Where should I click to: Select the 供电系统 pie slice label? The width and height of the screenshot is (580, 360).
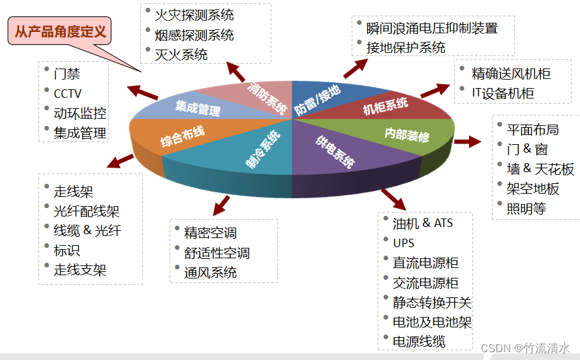[x=335, y=153]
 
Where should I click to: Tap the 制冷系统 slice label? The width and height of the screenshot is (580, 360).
[x=263, y=150]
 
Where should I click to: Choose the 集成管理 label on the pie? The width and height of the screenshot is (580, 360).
[x=198, y=108]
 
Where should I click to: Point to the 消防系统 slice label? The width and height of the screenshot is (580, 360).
[x=267, y=98]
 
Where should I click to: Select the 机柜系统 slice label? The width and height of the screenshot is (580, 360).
[x=386, y=105]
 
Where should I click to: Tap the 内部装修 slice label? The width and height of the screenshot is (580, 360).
[x=406, y=136]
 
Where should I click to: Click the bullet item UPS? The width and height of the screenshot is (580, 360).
[x=404, y=243]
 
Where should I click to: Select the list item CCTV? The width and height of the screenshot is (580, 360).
[x=68, y=94]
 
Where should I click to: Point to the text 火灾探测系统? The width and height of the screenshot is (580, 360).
[x=194, y=14]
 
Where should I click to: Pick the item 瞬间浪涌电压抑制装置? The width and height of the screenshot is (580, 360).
[x=432, y=28]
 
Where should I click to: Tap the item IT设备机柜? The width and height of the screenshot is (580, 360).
[x=502, y=93]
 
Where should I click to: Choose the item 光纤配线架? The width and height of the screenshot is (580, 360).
[x=87, y=211]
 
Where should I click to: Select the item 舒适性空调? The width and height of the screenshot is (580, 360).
[x=217, y=252]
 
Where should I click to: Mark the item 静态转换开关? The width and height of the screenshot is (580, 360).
[x=432, y=302]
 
